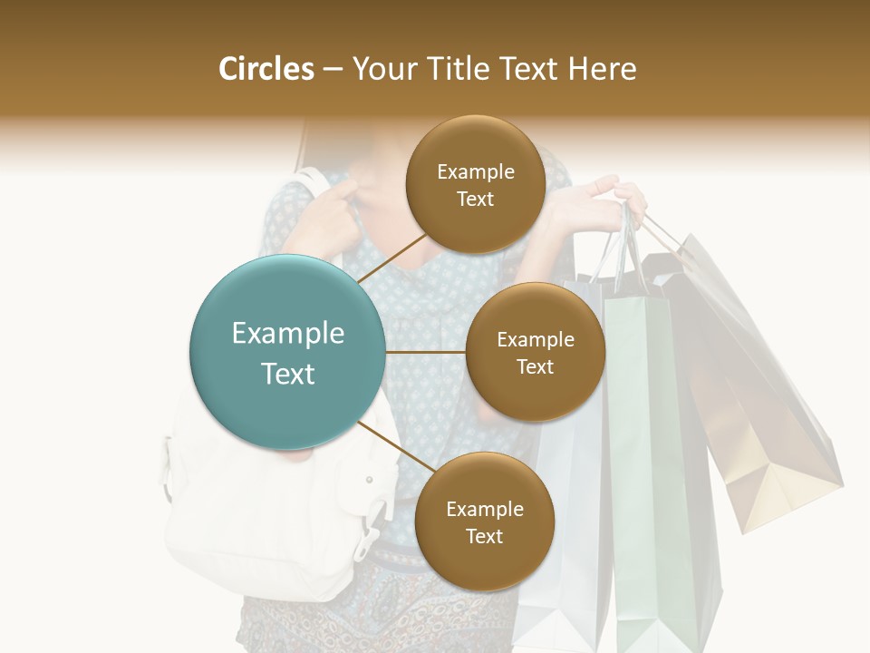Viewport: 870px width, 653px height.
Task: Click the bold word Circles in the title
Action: pos(266,69)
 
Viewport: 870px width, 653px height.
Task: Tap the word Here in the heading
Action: pos(603,69)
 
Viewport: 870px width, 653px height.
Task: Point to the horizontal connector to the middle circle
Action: pos(425,352)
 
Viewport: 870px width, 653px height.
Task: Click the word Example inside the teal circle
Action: pos(287,333)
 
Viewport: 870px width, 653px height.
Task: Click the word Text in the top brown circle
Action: pos(475,200)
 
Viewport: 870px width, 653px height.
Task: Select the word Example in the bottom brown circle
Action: pos(484,509)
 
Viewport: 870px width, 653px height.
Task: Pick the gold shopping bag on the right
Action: pos(761,408)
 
